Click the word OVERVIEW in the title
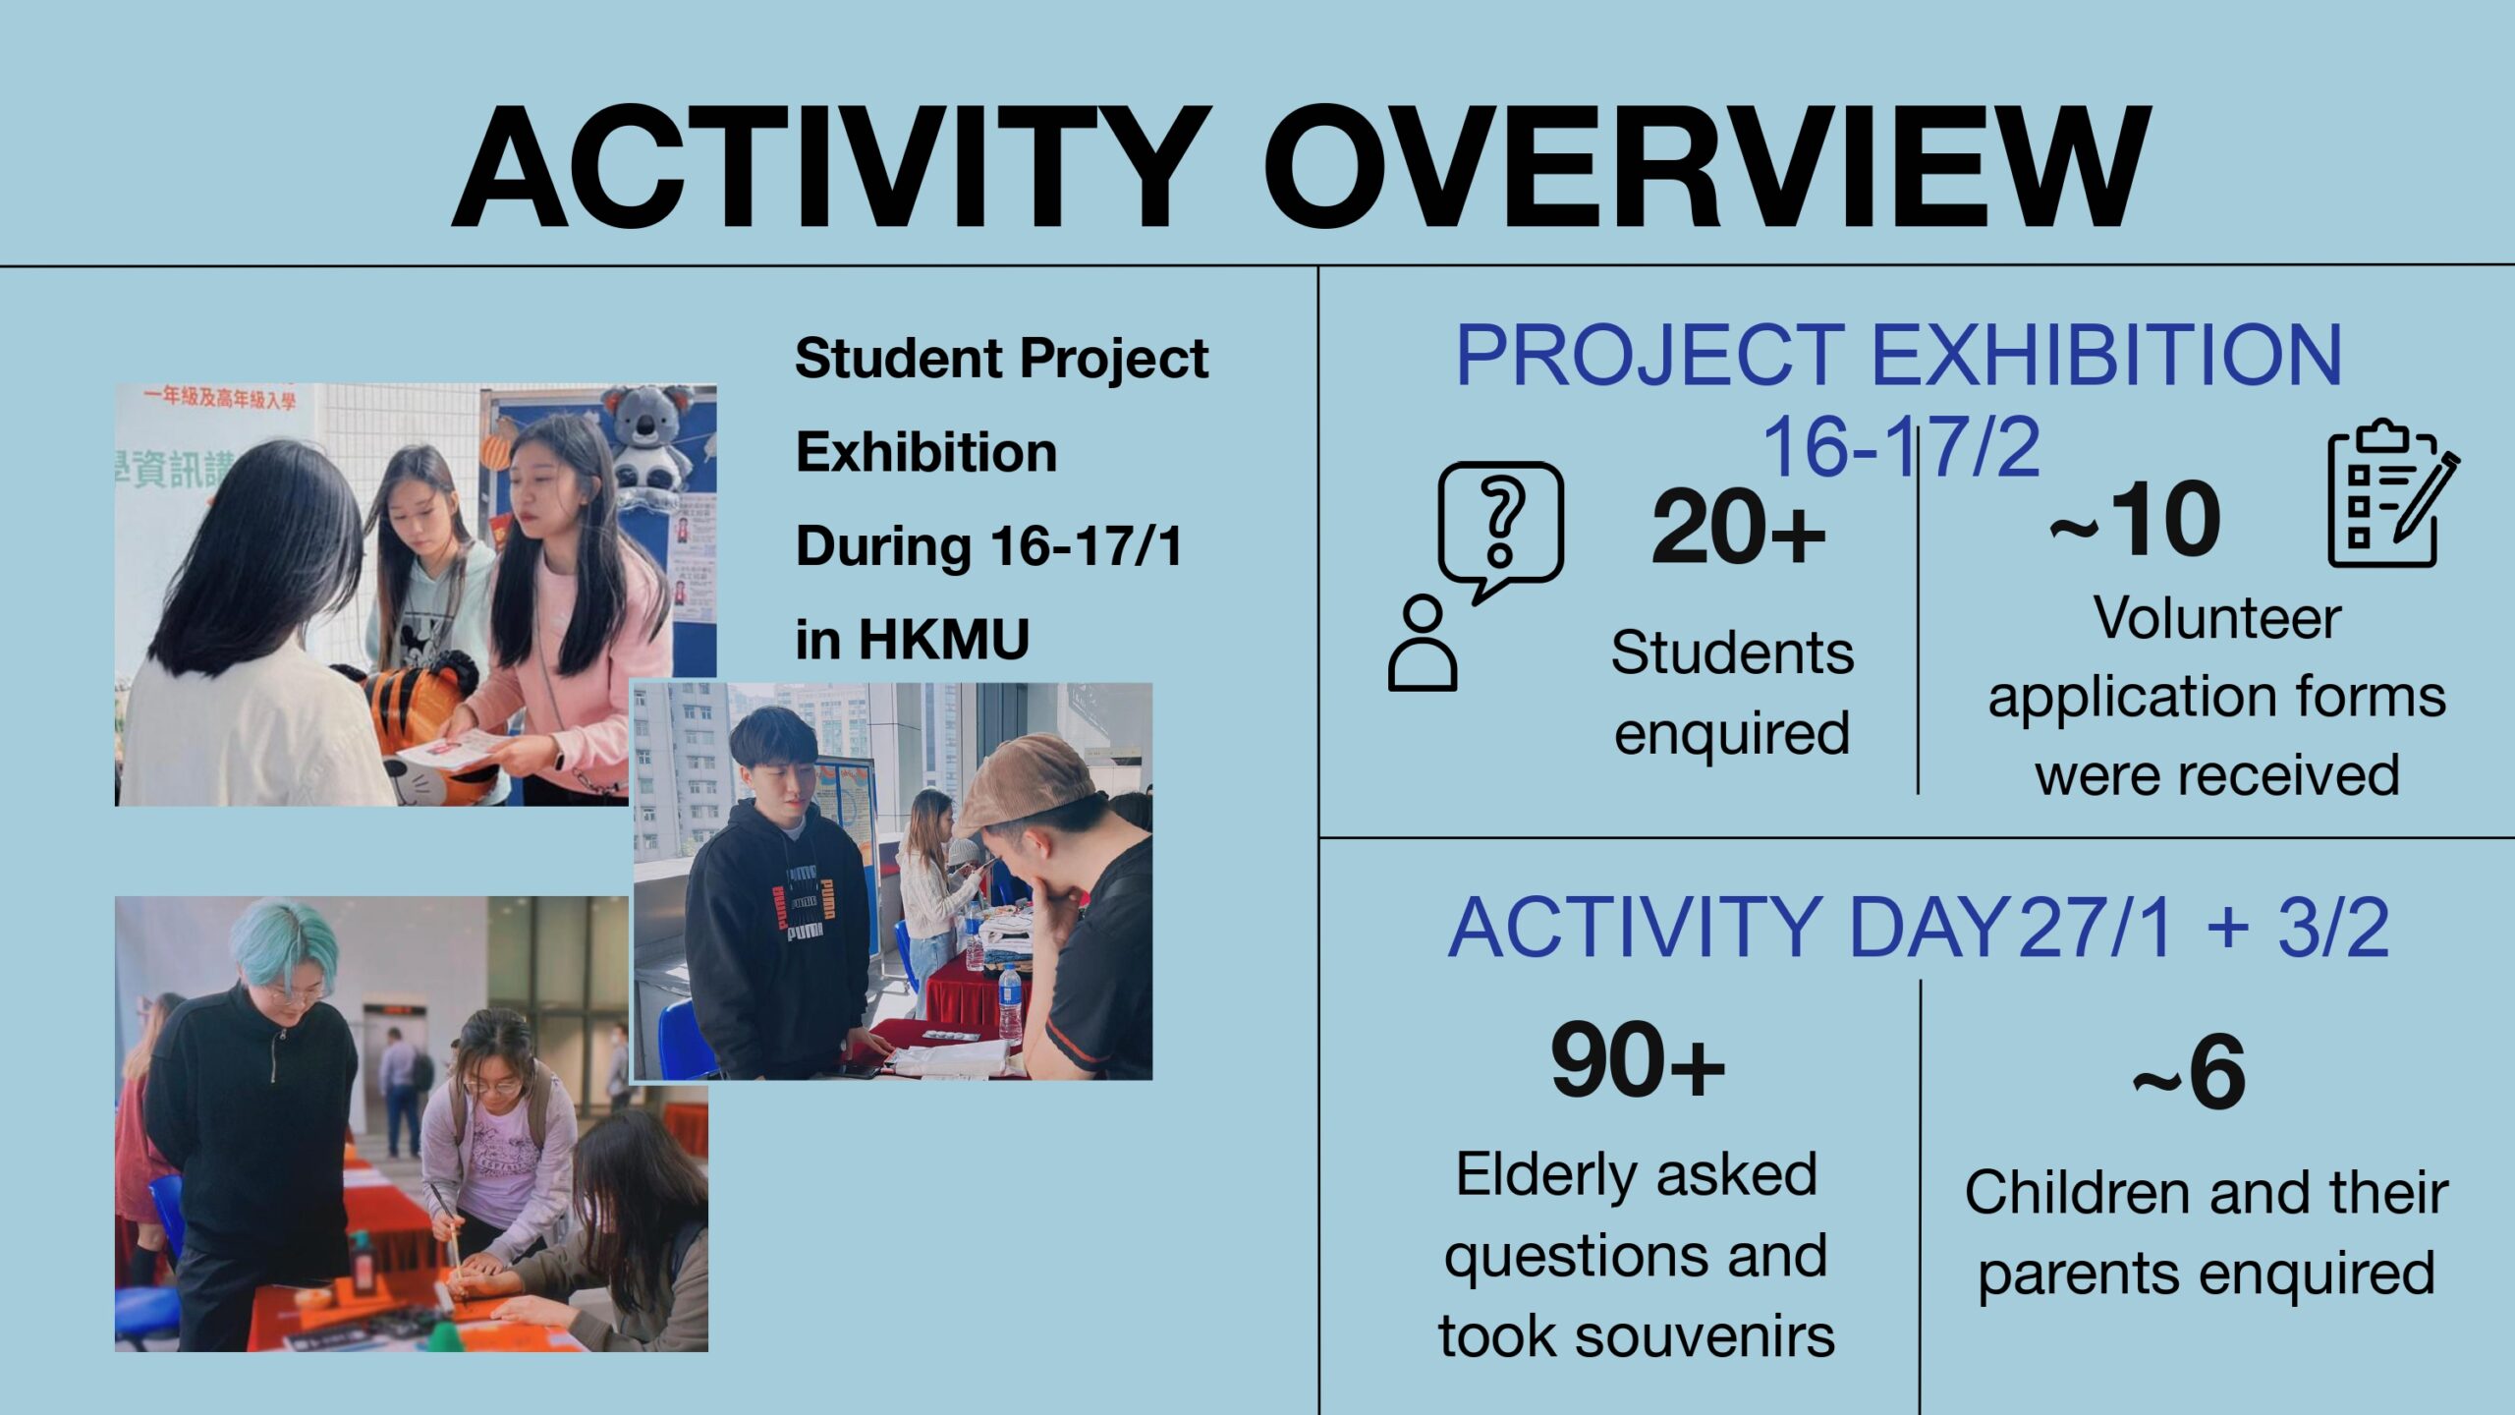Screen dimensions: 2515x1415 pyautogui.click(x=1707, y=167)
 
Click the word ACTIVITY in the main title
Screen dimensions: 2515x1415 pyautogui.click(x=831, y=167)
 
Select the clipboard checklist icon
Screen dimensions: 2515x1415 pyautogui.click(x=2393, y=493)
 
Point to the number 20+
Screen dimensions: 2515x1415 pyautogui.click(x=1738, y=528)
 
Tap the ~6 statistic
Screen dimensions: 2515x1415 pyautogui.click(x=2189, y=1072)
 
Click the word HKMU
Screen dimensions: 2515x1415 pyautogui.click(x=944, y=640)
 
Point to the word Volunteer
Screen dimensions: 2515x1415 pyautogui.click(x=2217, y=619)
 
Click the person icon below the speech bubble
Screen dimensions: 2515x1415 pyautogui.click(x=1423, y=643)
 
